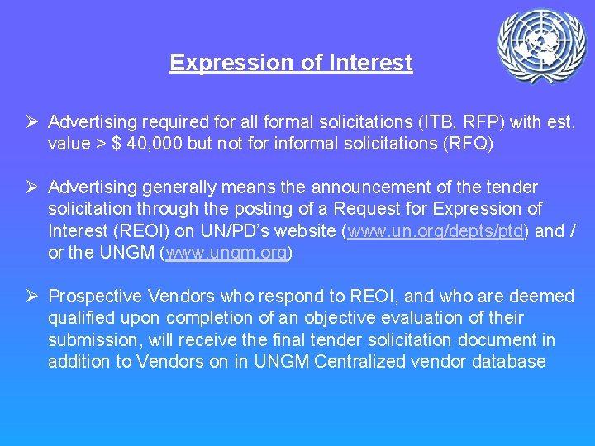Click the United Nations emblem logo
pyautogui.click(x=541, y=45)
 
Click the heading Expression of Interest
pyautogui.click(x=291, y=63)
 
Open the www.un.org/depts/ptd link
pyautogui.click(x=436, y=231)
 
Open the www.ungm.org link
pyautogui.click(x=226, y=253)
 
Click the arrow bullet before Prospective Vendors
pyautogui.click(x=34, y=297)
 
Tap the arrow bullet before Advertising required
pyautogui.click(x=34, y=122)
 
